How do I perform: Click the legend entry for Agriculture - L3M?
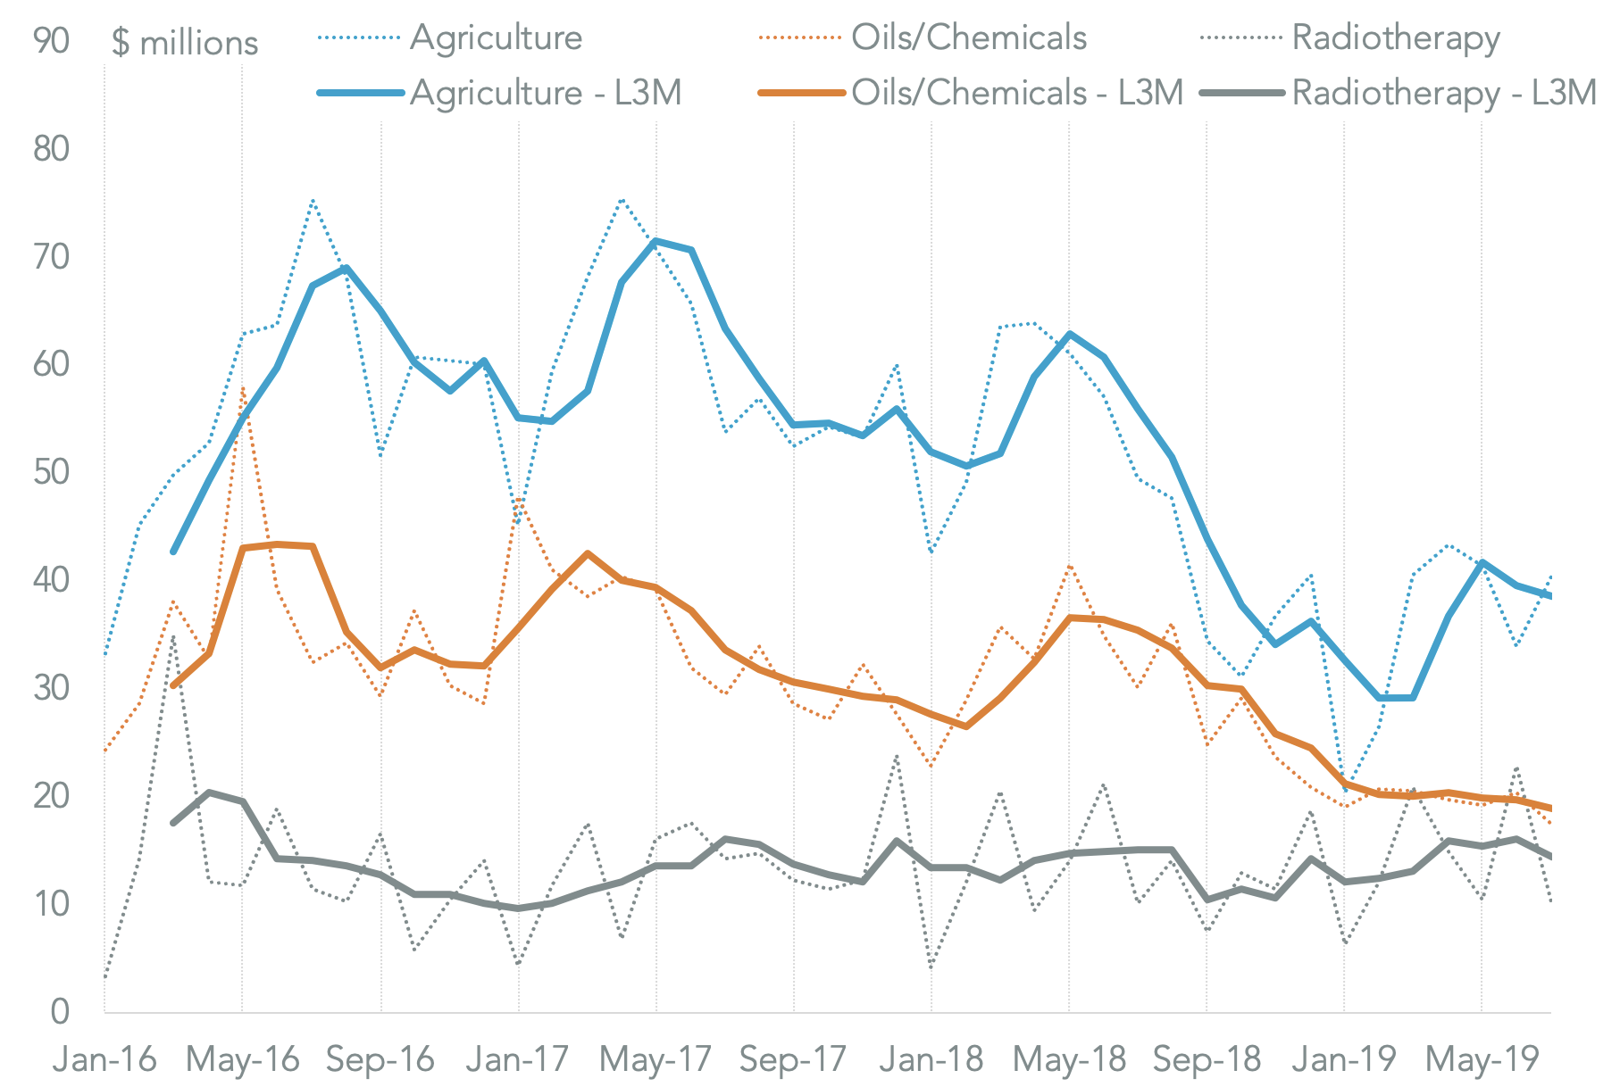click(545, 93)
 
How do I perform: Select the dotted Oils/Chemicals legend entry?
click(968, 37)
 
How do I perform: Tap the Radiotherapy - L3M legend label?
click(1443, 93)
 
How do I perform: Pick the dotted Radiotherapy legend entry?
click(1395, 37)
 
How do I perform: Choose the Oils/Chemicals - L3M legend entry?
click(1016, 93)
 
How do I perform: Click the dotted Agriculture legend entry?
click(496, 37)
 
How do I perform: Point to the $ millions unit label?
click(185, 43)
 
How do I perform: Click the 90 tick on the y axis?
click(51, 40)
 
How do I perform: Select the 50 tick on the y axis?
click(51, 471)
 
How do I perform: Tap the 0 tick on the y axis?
click(60, 1011)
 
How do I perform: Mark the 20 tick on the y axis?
click(51, 795)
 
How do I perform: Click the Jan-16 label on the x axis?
click(104, 1059)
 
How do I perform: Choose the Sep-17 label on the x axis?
click(793, 1059)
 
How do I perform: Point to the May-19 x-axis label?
click(1482, 1059)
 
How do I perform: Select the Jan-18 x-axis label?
click(931, 1059)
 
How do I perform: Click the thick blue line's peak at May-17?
click(656, 241)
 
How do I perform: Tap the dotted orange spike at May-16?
click(242, 388)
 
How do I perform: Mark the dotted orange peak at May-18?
click(1069, 566)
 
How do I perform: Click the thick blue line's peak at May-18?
click(1069, 335)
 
